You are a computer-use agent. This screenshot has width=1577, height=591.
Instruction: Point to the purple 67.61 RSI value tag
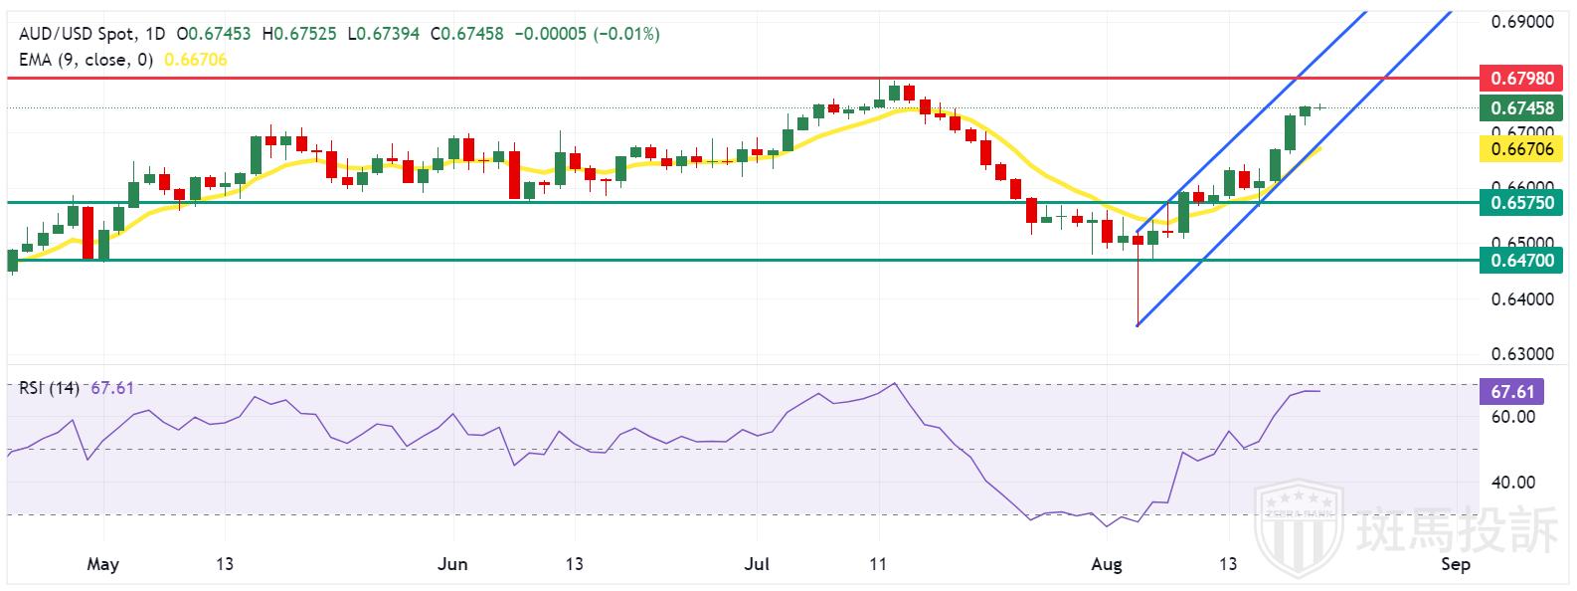point(1513,391)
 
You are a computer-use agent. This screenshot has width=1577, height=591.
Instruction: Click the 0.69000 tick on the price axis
point(1523,21)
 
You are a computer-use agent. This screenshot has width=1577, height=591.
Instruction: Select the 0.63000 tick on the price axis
point(1523,354)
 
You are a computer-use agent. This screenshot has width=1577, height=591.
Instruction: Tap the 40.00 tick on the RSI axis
point(1513,483)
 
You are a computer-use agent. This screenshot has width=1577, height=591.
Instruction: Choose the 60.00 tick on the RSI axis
point(1513,417)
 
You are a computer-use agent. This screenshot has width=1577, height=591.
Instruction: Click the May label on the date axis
point(102,565)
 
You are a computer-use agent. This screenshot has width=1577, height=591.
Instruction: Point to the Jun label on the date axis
point(452,565)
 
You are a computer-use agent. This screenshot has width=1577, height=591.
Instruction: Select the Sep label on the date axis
point(1455,565)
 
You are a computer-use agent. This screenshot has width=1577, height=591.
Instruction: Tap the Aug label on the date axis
point(1106,565)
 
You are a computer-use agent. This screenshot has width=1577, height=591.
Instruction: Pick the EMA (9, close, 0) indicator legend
point(86,60)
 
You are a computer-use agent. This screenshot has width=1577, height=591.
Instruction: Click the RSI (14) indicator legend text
point(49,387)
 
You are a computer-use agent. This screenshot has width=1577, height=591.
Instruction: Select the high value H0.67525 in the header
point(296,34)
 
